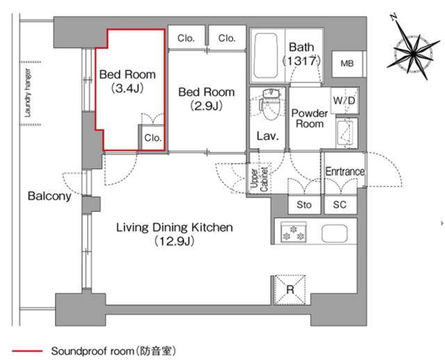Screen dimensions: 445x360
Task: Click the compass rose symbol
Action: (413, 53)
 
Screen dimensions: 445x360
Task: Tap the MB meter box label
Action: (347, 63)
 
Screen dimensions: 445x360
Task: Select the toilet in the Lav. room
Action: (268, 104)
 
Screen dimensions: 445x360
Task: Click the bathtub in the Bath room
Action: (266, 56)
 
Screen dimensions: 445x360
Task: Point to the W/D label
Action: (344, 100)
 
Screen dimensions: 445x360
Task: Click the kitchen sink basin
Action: (334, 234)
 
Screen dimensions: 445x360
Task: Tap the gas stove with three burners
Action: (293, 232)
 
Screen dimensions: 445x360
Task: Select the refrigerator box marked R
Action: (290, 290)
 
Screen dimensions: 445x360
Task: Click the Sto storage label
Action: (304, 204)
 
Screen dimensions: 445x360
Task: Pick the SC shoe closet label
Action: (340, 204)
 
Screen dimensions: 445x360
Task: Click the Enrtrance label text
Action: (345, 172)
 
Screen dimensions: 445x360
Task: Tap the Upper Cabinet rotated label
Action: (259, 179)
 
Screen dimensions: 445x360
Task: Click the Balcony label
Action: (49, 196)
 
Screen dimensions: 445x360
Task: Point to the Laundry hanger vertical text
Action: (28, 92)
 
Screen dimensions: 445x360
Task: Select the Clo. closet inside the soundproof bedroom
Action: (153, 138)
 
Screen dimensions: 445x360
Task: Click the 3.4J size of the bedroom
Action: (127, 88)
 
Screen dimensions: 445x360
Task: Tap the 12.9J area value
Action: (175, 241)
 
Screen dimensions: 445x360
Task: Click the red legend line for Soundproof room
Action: (27, 351)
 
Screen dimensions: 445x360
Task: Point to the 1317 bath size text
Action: (301, 60)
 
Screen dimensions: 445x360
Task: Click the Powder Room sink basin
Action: (344, 133)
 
